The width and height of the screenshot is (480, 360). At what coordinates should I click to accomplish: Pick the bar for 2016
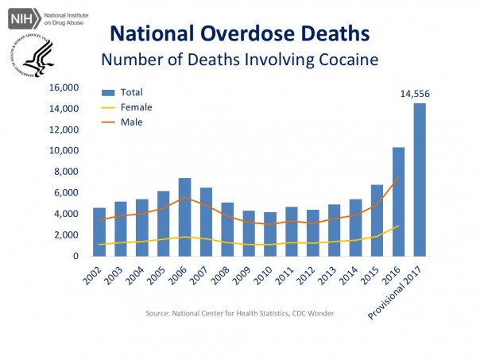coord(398,202)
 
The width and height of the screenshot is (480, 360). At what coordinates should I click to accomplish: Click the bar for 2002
coord(99,232)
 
